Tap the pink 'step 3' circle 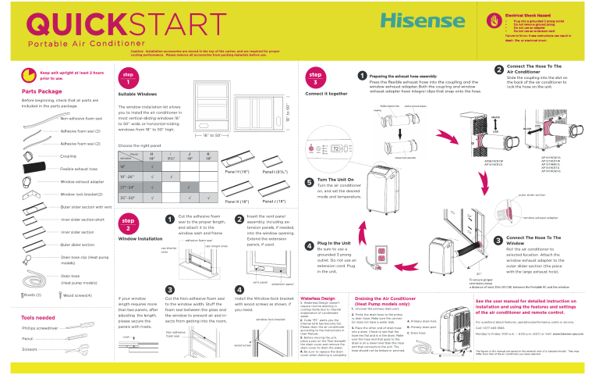click(314, 78)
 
